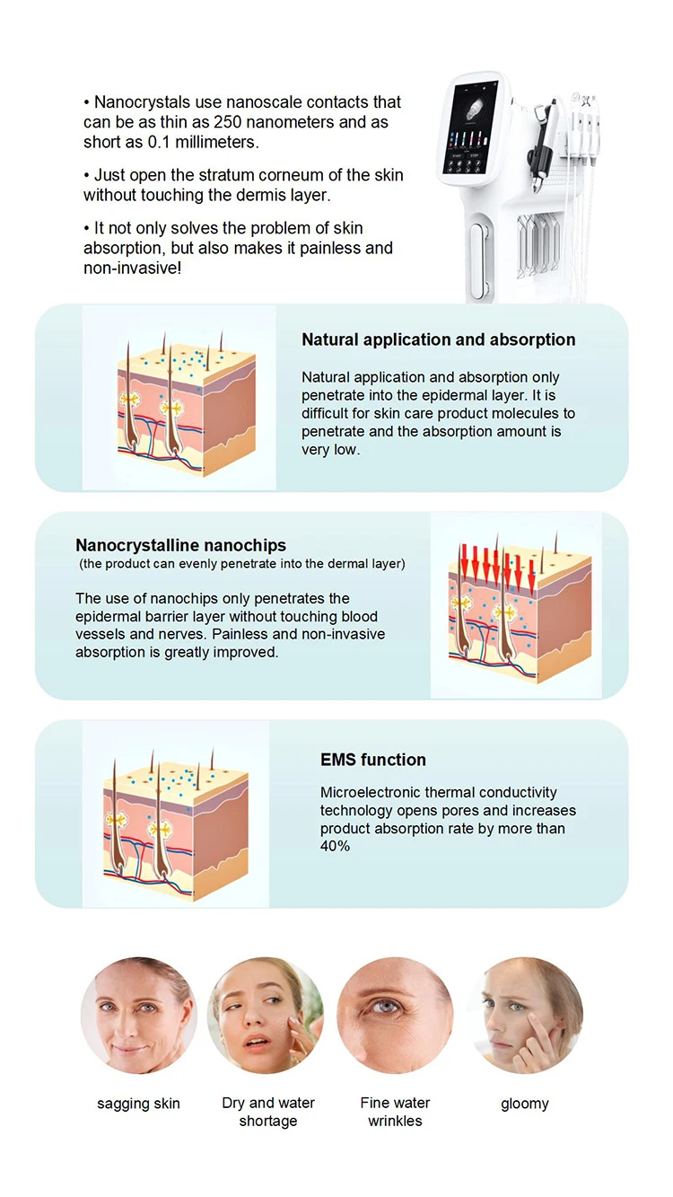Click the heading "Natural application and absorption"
click(x=438, y=340)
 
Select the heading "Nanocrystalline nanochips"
click(x=180, y=545)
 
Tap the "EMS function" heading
click(x=372, y=760)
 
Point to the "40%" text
click(x=335, y=847)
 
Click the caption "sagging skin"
click(x=138, y=1104)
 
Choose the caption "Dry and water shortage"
click(x=268, y=1112)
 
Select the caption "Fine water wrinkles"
click(x=395, y=1112)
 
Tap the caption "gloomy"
click(x=524, y=1104)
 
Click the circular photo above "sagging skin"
click(x=138, y=1016)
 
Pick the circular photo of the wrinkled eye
click(x=395, y=1016)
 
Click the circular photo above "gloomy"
click(x=524, y=1016)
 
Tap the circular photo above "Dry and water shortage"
click(x=267, y=1016)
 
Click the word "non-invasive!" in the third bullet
click(x=132, y=268)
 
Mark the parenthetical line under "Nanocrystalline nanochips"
click(x=242, y=564)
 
